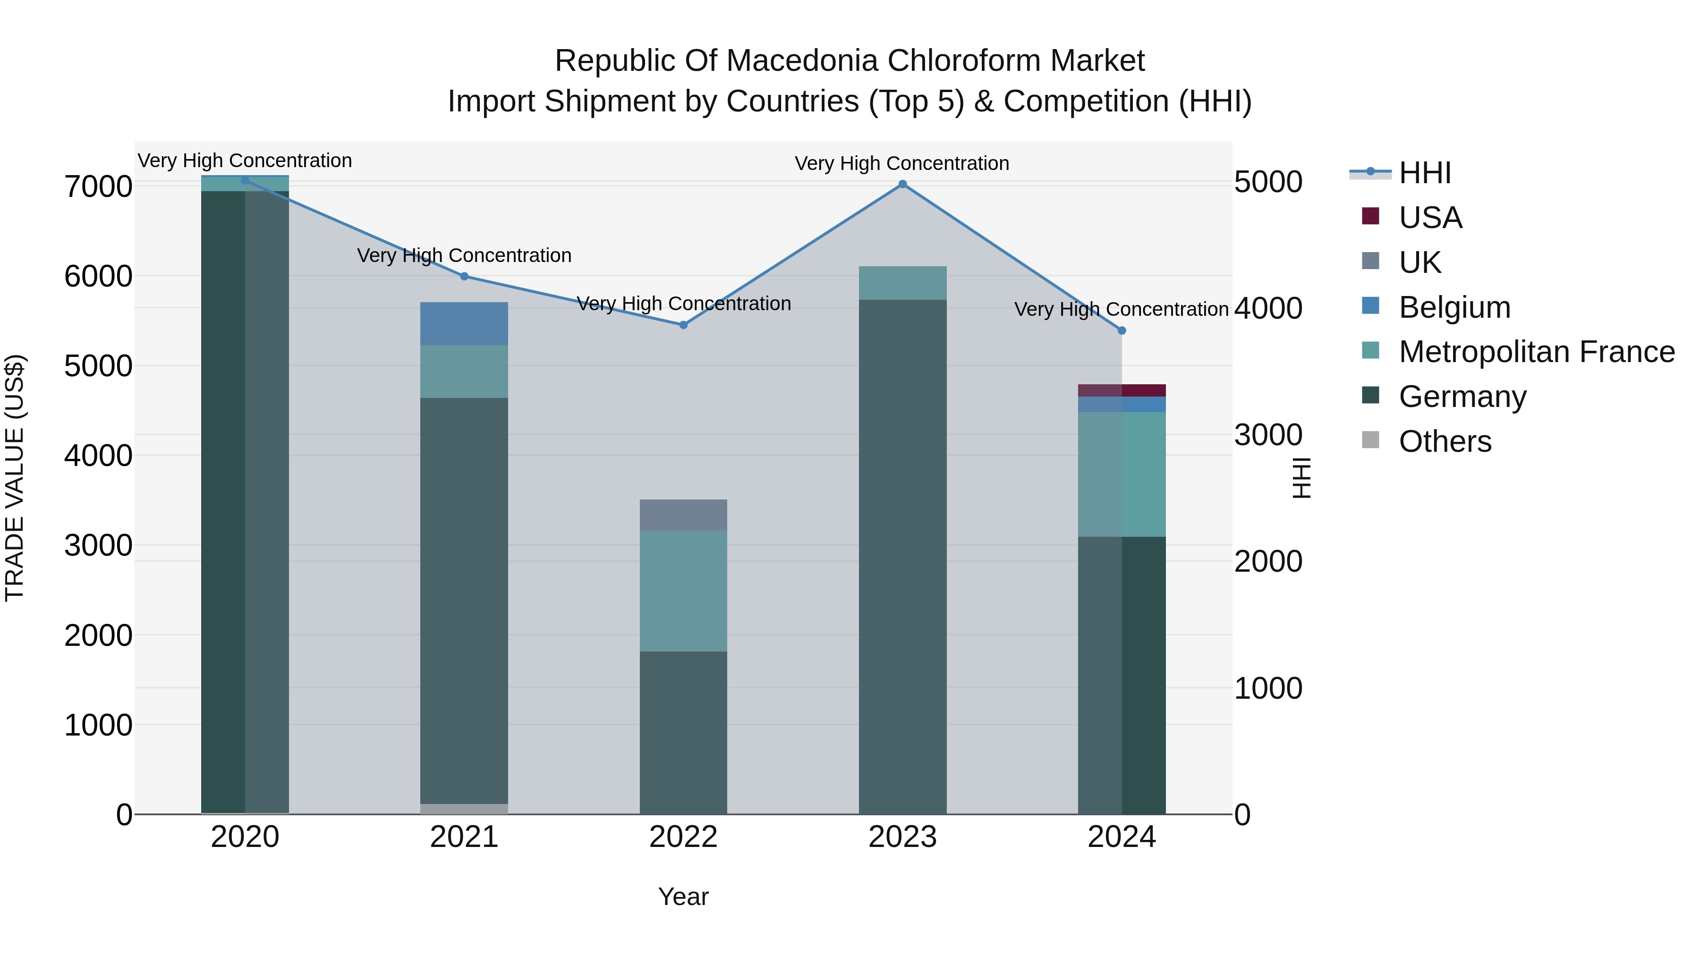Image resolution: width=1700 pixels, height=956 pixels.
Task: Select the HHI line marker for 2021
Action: click(x=464, y=277)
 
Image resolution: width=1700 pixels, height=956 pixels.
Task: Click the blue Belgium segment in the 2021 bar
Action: click(x=464, y=323)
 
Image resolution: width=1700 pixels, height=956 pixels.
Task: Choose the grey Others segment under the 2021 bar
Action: click(x=464, y=809)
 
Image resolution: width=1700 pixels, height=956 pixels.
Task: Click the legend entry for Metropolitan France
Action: click(x=1536, y=352)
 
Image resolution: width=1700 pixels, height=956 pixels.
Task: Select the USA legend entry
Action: click(x=1430, y=218)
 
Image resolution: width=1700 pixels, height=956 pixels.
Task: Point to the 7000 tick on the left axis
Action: click(x=98, y=186)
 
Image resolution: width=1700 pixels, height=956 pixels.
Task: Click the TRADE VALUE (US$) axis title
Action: click(x=15, y=478)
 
